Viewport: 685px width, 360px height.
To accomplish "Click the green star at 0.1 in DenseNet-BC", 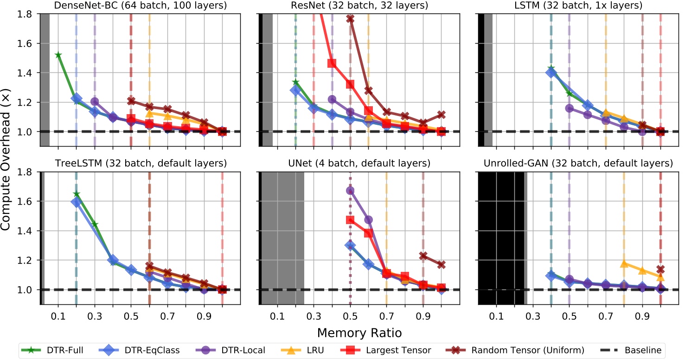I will tap(58, 55).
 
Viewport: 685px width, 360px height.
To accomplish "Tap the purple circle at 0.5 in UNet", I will tap(350, 191).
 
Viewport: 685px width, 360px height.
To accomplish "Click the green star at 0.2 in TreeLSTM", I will tap(76, 194).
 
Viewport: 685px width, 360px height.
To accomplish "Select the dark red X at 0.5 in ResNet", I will tap(350, 19).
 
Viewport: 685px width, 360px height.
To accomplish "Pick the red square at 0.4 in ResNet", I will tap(332, 63).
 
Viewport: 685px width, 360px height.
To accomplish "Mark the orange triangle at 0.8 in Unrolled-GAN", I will tap(624, 264).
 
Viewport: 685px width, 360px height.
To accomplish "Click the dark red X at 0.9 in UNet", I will tap(423, 256).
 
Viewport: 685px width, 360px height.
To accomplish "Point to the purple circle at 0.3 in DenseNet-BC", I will tap(95, 102).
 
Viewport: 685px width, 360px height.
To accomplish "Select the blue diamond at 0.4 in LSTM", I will tap(551, 73).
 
